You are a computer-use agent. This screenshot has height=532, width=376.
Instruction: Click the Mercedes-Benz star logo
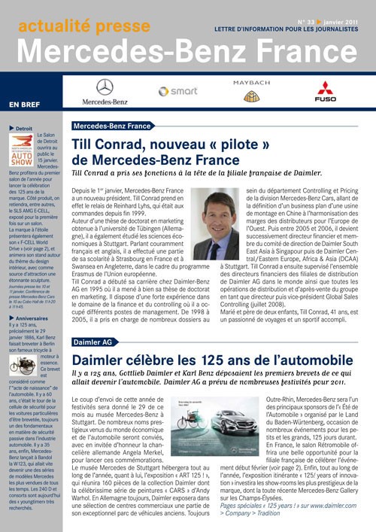(x=105, y=87)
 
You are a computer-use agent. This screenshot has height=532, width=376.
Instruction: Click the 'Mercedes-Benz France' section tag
(x=112, y=126)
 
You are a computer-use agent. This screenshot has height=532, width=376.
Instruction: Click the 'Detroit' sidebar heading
(x=23, y=129)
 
